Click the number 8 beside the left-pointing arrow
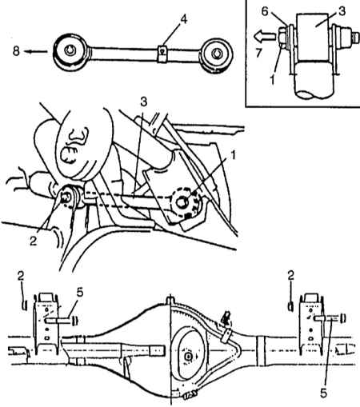click(x=16, y=50)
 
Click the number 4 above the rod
click(x=183, y=19)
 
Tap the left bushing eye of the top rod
click(x=70, y=52)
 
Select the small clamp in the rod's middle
click(x=162, y=54)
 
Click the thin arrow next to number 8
click(x=36, y=51)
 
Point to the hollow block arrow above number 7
click(x=264, y=36)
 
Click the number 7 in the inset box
click(x=258, y=54)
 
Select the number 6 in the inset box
click(x=265, y=12)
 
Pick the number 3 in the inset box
click(x=342, y=11)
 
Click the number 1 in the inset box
click(x=272, y=80)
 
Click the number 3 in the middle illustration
click(x=144, y=102)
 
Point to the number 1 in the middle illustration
click(x=234, y=155)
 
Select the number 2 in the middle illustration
click(x=34, y=241)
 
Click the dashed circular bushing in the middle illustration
click(x=184, y=202)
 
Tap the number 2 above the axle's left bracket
click(x=21, y=276)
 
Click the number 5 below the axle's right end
click(x=323, y=393)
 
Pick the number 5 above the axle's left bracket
click(x=80, y=293)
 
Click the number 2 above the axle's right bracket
click(x=291, y=275)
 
